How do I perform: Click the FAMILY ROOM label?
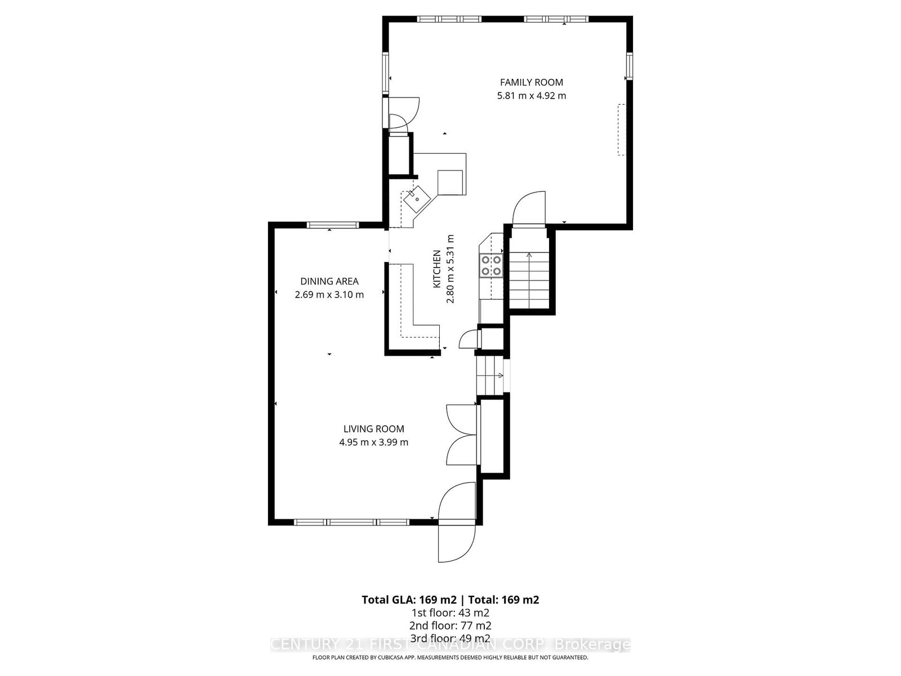pyautogui.click(x=531, y=82)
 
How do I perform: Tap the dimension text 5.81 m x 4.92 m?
pyautogui.click(x=531, y=96)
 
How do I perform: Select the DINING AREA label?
pyautogui.click(x=329, y=281)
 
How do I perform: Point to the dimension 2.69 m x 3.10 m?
pyautogui.click(x=329, y=295)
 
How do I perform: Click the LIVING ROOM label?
pyautogui.click(x=373, y=429)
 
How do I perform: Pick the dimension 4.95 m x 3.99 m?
pyautogui.click(x=373, y=442)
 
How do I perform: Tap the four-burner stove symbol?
pyautogui.click(x=490, y=265)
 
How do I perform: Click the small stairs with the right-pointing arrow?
pyautogui.click(x=489, y=376)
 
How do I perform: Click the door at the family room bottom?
pyautogui.click(x=529, y=209)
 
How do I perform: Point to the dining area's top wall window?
pyautogui.click(x=332, y=225)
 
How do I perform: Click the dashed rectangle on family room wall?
pyautogui.click(x=622, y=130)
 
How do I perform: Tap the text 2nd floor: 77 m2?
pyautogui.click(x=450, y=625)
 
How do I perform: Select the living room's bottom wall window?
pyautogui.click(x=353, y=522)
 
